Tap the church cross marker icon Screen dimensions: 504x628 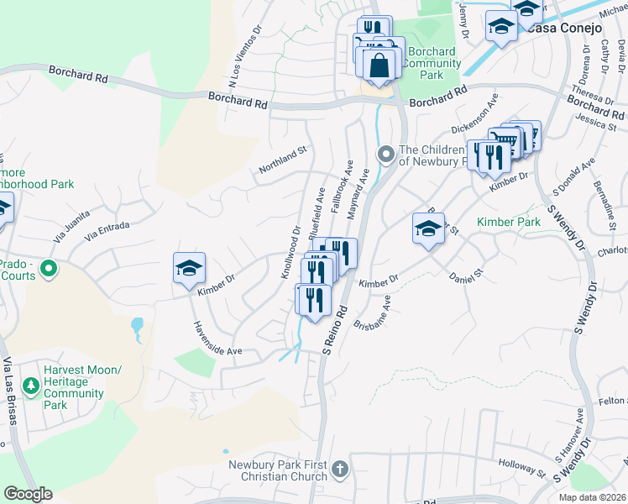point(339,468)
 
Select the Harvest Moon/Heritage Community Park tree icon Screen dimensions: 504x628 point(32,386)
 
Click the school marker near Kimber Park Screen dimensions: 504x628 point(428,228)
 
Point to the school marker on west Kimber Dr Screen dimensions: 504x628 point(189,268)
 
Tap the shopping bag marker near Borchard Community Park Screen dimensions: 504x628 point(379,65)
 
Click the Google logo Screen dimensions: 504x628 point(28,494)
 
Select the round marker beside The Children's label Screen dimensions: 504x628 point(386,154)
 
